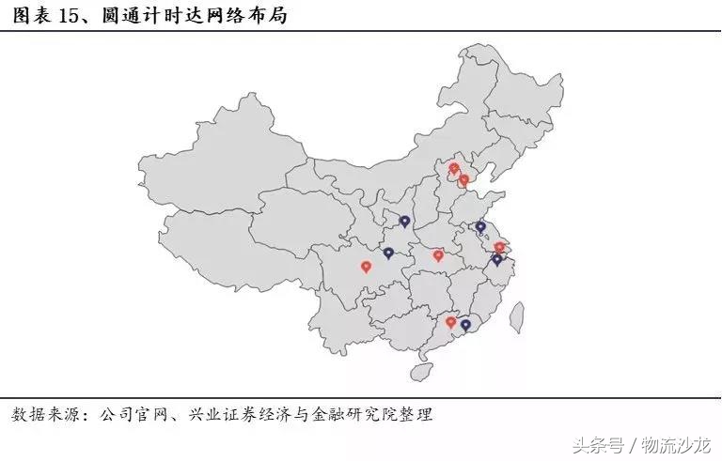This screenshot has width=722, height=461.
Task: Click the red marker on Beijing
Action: (454, 169)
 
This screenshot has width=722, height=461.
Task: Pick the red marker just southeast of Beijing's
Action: (463, 179)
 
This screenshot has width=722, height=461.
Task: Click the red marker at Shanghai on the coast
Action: (499, 248)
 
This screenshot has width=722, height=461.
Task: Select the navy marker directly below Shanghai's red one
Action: (497, 259)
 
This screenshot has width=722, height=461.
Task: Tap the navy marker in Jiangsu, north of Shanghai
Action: (480, 226)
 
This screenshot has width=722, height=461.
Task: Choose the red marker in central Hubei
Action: (438, 254)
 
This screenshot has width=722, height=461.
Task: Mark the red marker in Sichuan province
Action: (367, 267)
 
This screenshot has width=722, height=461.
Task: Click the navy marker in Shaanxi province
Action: (404, 222)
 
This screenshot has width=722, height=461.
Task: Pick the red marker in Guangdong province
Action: (451, 322)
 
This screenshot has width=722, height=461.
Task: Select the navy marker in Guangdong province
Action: (465, 325)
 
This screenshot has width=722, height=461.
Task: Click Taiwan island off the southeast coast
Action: (515, 318)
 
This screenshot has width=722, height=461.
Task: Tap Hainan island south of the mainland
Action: (421, 372)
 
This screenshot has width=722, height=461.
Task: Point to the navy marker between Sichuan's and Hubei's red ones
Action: (388, 253)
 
